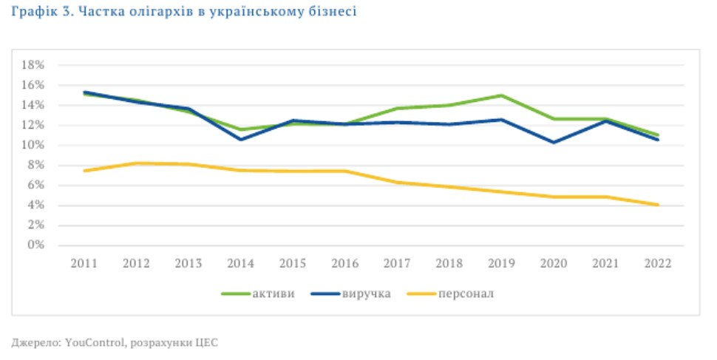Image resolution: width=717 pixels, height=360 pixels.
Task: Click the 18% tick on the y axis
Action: [x=35, y=65]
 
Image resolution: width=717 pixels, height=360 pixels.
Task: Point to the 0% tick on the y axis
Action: [x=38, y=245]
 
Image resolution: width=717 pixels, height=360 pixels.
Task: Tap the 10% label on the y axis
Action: [x=35, y=145]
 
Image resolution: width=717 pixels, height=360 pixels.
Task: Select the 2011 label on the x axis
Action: [x=84, y=263]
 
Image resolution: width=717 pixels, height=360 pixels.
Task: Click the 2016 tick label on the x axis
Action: [x=344, y=263]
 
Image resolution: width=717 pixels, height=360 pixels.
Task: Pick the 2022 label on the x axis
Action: [x=657, y=263]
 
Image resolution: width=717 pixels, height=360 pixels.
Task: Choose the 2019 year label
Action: [x=501, y=263]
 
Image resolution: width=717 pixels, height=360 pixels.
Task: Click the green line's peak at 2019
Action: [x=501, y=95]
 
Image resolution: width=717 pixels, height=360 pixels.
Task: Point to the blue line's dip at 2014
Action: [x=241, y=139]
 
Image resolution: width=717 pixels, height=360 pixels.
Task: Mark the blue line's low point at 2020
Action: [x=553, y=142]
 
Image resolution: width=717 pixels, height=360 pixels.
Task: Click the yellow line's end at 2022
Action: [x=657, y=205]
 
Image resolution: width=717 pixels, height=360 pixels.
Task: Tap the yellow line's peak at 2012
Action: [x=137, y=163]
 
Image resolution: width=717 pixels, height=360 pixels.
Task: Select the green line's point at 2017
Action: [x=397, y=109]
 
